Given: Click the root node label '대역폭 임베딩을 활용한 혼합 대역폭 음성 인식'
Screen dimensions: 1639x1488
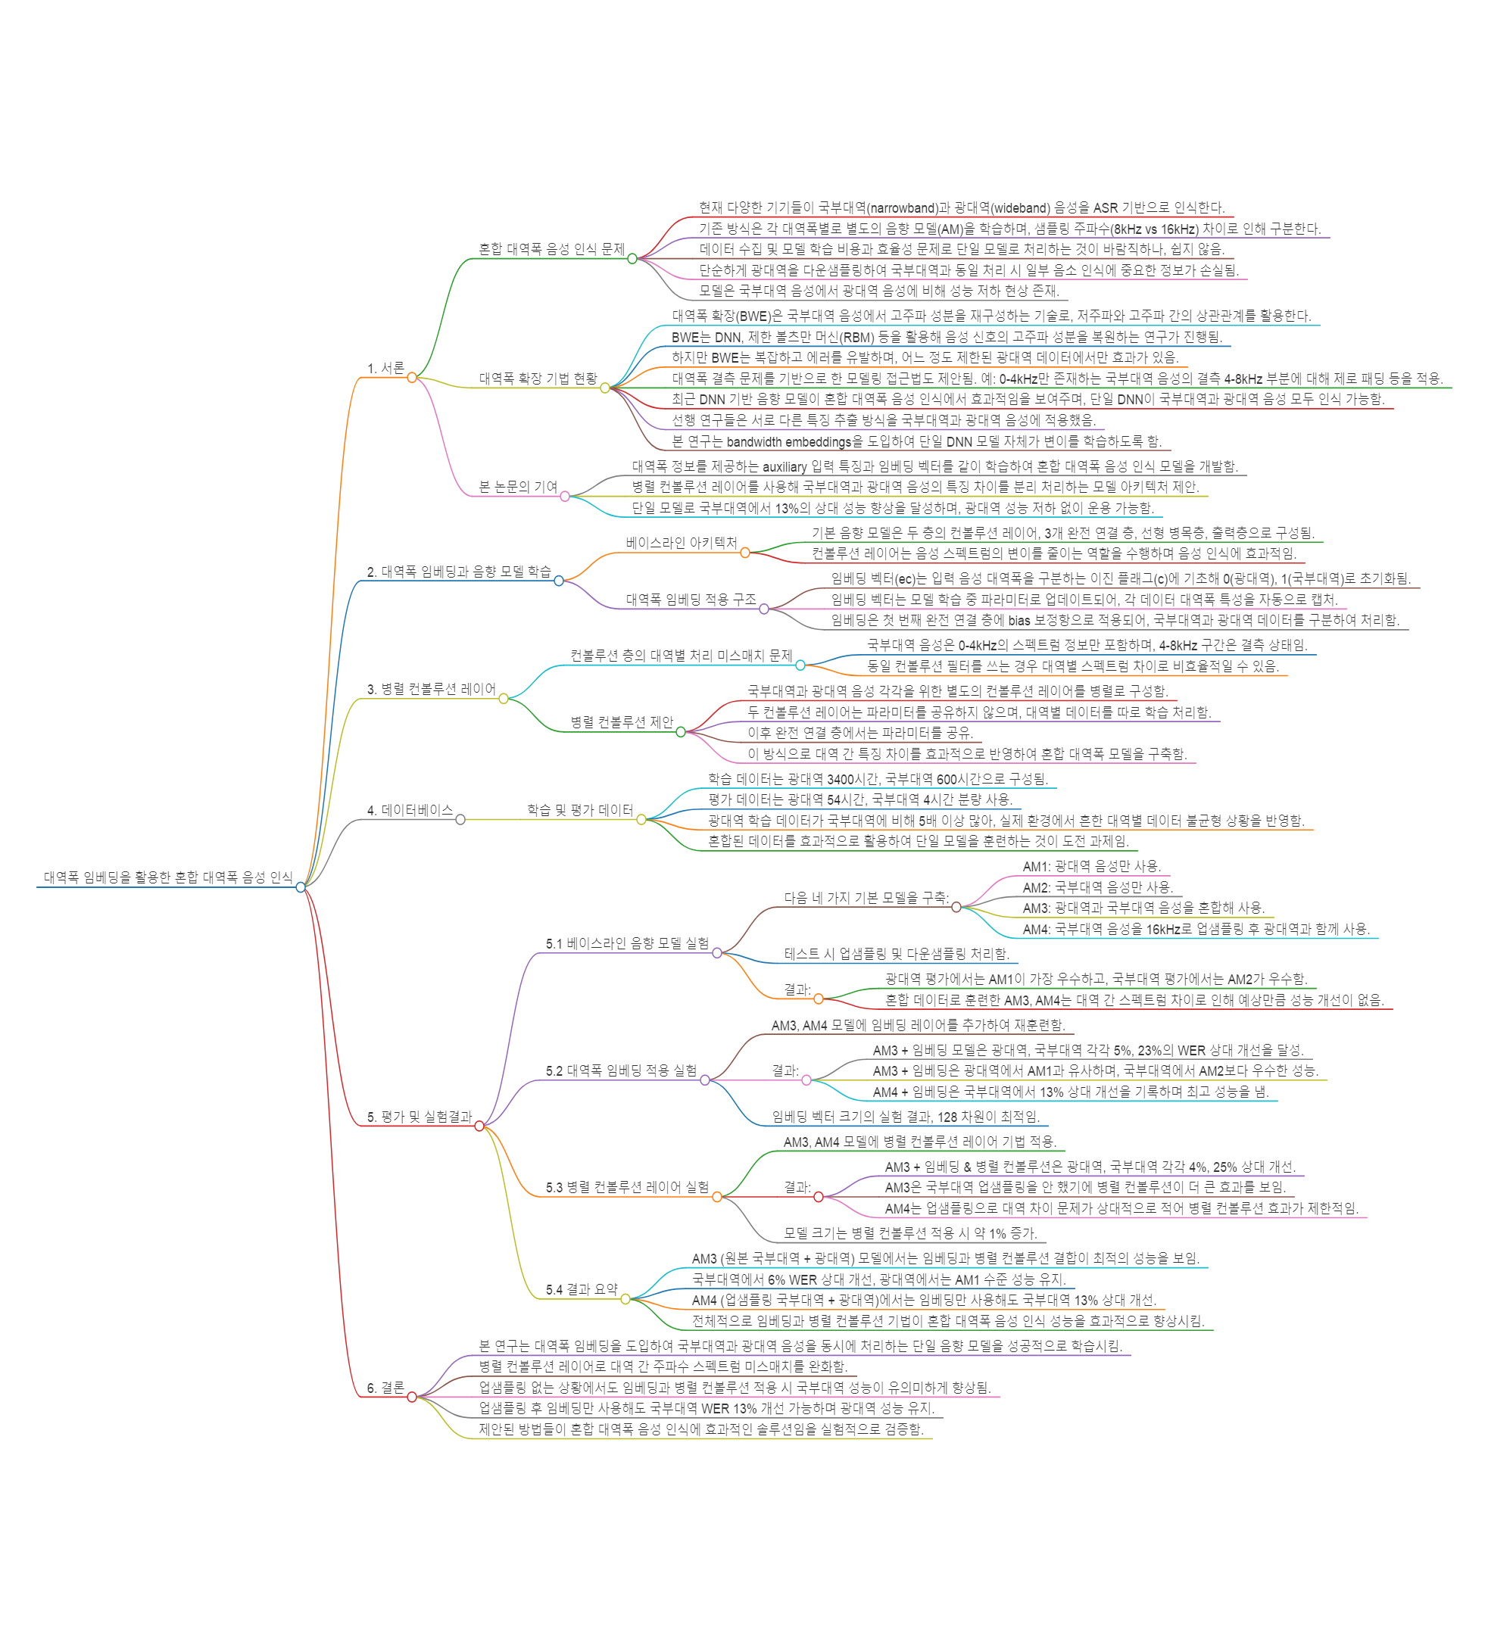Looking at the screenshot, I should coord(167,877).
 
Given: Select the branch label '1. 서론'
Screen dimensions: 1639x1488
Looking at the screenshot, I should coord(385,368).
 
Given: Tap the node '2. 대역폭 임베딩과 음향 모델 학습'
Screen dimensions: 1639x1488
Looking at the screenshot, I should coord(459,572).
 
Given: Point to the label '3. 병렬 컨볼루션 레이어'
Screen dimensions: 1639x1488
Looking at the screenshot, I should coord(431,690).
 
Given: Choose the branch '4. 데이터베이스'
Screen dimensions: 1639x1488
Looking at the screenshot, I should coord(409,811).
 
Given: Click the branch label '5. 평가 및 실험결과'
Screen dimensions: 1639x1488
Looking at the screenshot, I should coord(419,1117).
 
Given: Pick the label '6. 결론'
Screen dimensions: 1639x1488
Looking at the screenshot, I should coord(385,1388).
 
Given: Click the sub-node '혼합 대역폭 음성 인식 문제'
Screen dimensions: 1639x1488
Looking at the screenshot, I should coord(551,249).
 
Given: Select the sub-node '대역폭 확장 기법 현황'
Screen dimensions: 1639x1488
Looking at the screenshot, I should coord(538,378).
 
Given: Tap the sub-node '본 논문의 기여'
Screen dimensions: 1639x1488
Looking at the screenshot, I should coord(518,487).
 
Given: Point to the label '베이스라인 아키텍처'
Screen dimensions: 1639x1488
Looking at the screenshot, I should coord(682,543).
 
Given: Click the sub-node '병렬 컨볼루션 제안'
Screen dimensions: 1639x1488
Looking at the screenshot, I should coord(622,722).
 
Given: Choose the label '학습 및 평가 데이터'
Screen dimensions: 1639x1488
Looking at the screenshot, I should coord(580,811).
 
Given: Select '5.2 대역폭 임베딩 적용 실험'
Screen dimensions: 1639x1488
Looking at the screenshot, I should coord(621,1070).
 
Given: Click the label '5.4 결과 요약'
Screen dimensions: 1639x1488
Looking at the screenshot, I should coord(582,1289).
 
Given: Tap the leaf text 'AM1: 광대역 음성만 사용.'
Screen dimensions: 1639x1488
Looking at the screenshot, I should coord(1091,867).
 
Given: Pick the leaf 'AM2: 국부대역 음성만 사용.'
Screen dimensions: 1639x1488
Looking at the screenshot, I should coord(1098,888).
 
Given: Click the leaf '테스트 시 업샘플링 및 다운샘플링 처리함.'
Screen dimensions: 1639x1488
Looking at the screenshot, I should coord(896,954).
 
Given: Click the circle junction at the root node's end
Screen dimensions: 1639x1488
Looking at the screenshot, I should coord(301,887).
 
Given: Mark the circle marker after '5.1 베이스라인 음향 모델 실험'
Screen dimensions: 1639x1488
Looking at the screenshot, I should coord(717,953).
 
